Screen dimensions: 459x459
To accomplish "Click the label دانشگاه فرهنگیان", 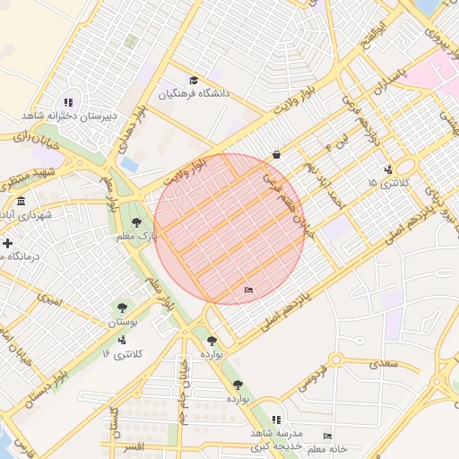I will click(x=195, y=93).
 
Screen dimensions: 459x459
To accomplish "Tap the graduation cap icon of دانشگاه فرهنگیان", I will click(x=194, y=81).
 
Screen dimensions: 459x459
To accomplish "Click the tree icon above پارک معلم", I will click(x=136, y=222).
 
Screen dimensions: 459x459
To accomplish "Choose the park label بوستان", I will click(x=123, y=321).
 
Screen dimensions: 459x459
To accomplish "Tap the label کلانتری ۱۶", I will click(x=122, y=354).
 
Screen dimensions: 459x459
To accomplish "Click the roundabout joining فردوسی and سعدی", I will click(x=338, y=360).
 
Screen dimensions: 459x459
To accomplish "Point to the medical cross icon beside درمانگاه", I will click(x=7, y=243).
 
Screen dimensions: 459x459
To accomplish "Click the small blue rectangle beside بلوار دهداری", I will click(x=130, y=165).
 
